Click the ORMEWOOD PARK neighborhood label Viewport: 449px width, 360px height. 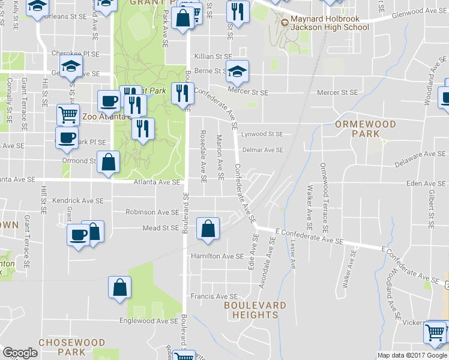366,128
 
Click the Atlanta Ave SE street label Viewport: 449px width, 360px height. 157,182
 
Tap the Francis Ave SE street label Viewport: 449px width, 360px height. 214,296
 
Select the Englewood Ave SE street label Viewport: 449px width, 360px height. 149,321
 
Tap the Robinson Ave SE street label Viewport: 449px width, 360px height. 152,212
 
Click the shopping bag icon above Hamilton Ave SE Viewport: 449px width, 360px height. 207,229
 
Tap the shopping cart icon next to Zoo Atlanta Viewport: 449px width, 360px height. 68,113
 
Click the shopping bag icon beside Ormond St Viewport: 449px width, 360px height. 108,161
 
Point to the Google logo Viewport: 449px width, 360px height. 20,353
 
